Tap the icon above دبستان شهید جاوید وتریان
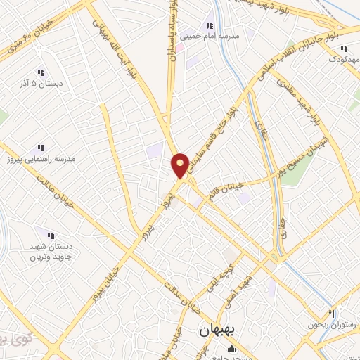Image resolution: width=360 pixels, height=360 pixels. [x=49, y=235]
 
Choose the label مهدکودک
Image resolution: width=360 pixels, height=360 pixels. [x=343, y=60]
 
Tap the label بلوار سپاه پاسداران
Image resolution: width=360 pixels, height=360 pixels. [x=171, y=32]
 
